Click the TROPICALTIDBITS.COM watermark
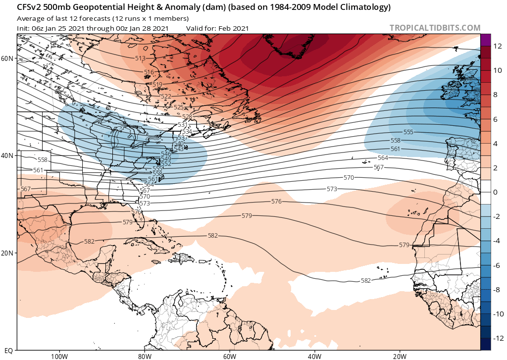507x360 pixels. click(435, 28)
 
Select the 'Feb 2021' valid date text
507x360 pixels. click(234, 28)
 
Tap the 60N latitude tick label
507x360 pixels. click(7, 58)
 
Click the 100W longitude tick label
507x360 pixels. click(59, 357)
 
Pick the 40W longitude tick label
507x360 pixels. click(314, 357)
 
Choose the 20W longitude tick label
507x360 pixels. click(400, 357)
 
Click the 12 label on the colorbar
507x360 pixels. click(498, 46)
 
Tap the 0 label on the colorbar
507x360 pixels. click(495, 192)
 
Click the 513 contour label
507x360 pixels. click(140, 58)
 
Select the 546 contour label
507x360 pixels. click(166, 154)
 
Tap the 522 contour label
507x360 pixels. click(166, 97)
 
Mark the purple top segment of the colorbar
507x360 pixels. click(486, 40)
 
